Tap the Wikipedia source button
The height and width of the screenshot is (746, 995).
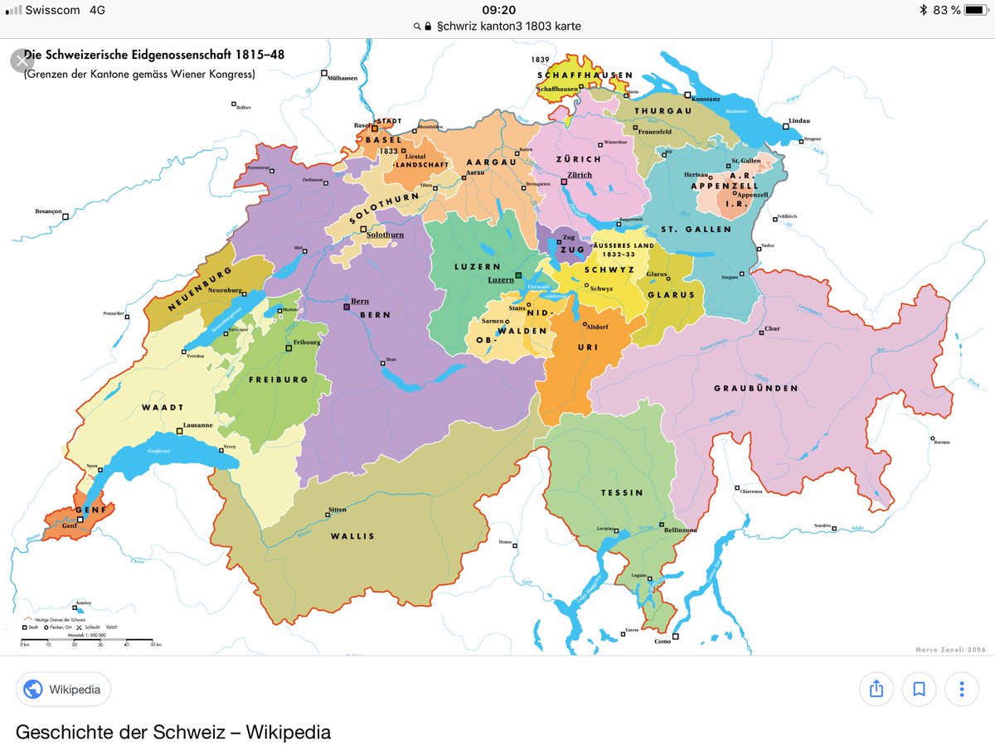tap(63, 689)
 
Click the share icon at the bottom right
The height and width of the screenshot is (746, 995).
tap(876, 689)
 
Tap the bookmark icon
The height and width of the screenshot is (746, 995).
tap(919, 689)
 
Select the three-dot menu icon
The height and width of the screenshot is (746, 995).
tap(961, 689)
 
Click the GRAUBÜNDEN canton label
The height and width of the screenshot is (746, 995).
tap(756, 388)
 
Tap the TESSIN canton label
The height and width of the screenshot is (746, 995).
tap(622, 492)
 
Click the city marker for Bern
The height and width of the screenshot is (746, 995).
tap(347, 307)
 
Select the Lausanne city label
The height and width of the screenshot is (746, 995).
tap(198, 425)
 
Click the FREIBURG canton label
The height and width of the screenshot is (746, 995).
tap(278, 380)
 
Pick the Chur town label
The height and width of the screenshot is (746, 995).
tap(772, 328)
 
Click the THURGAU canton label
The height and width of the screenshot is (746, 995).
tap(663, 110)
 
